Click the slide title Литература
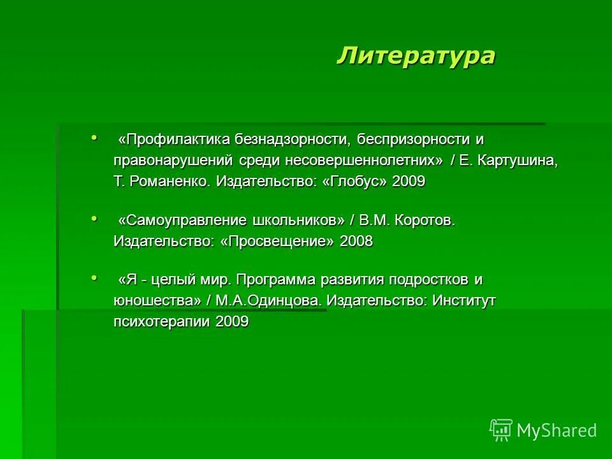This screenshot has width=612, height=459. [416, 55]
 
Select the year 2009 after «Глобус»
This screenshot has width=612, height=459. [409, 181]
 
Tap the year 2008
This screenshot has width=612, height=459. [356, 241]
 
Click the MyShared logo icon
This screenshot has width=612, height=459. [501, 430]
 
